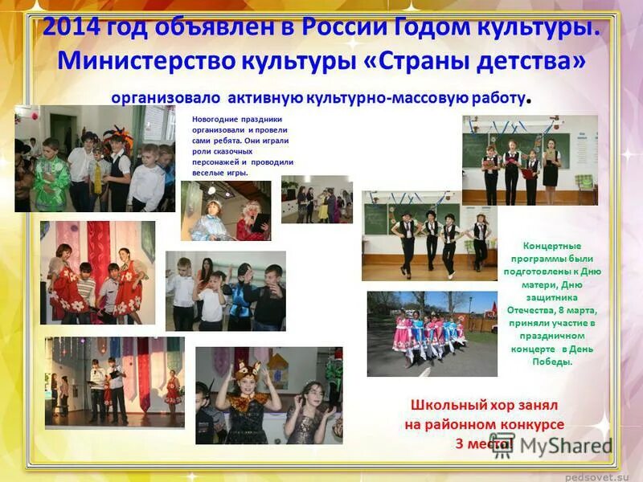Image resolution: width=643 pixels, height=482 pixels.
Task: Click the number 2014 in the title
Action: pyautogui.click(x=72, y=27)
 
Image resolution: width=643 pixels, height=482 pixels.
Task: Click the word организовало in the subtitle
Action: pyautogui.click(x=166, y=98)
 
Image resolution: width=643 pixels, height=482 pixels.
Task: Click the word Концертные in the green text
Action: pyautogui.click(x=551, y=246)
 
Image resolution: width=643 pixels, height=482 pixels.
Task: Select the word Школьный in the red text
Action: pyautogui.click(x=444, y=406)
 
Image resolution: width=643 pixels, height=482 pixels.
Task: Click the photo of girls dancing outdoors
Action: pyautogui.click(x=431, y=333)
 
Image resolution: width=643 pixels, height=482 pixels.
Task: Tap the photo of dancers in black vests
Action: pyautogui.click(x=429, y=235)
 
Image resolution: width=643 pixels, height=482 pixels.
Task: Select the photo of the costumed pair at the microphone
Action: pyautogui.click(x=226, y=210)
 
